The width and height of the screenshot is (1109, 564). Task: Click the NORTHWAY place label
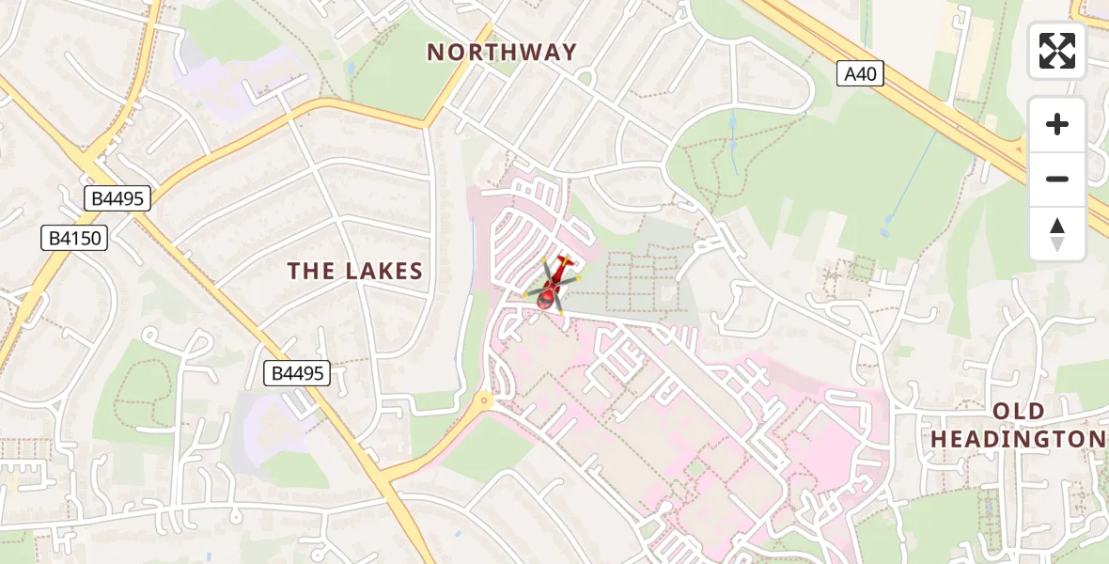pos(502,53)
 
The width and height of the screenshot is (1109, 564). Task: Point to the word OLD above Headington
pos(1019,412)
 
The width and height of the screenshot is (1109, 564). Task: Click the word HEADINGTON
pos(1018,440)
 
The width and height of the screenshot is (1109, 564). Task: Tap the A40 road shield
pos(860,73)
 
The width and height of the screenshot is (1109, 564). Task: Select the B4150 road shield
pos(74,238)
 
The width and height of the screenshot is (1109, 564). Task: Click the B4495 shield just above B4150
pos(117,198)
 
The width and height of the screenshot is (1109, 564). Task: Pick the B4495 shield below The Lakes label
pos(298,373)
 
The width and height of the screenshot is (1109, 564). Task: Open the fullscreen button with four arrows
pos(1057,51)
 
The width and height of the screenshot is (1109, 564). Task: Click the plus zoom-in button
pos(1057,124)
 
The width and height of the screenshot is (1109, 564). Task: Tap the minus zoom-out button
pos(1057,179)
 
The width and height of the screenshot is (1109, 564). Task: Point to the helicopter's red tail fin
pos(564,260)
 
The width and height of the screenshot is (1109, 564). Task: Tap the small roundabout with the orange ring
pos(484,399)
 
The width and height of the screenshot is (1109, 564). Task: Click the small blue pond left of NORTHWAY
pos(350,69)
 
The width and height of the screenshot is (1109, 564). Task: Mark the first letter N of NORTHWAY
pos(435,53)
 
